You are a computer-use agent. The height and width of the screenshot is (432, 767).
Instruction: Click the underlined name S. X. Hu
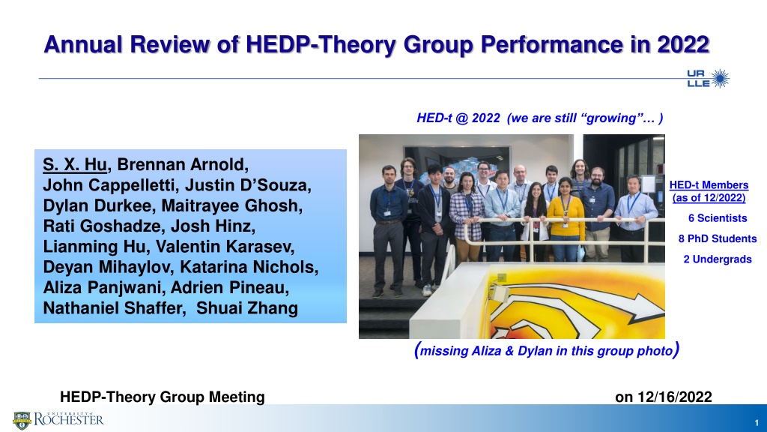pos(75,164)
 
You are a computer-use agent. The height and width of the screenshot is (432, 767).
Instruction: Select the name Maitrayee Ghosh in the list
pos(232,205)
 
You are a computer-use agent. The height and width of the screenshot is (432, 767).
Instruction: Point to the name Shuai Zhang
pos(247,308)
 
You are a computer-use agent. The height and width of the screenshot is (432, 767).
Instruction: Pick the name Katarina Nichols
pos(249,267)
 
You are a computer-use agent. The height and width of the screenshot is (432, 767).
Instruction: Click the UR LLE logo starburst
pos(720,78)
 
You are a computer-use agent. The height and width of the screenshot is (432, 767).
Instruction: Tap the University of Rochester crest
pos(22,420)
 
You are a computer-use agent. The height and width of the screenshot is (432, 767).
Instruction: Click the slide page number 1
pos(757,423)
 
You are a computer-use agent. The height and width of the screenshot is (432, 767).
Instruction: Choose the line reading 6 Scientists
pos(718,218)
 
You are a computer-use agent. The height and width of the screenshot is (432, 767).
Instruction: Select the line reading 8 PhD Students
pos(718,239)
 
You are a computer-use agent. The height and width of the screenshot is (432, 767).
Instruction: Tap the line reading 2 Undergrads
pos(718,259)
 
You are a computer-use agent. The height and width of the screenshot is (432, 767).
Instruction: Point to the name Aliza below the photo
pos(485,351)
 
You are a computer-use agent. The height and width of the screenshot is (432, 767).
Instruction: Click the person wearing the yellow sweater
pos(566,218)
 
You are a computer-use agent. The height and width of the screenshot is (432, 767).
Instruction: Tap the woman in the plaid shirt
pos(466,215)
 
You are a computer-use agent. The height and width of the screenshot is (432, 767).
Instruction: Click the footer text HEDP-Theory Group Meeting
pos(163,397)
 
